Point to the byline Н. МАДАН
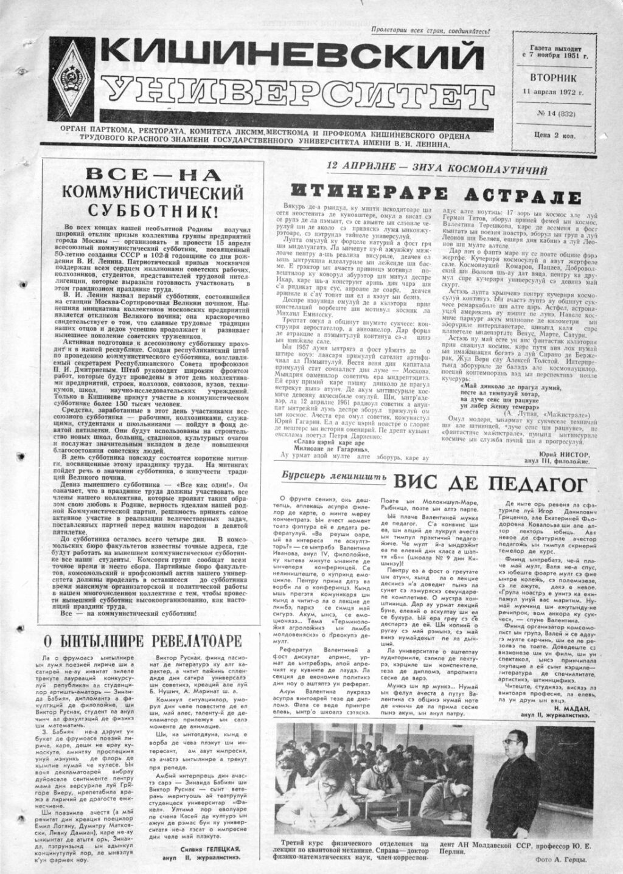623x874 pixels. tap(567, 709)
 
